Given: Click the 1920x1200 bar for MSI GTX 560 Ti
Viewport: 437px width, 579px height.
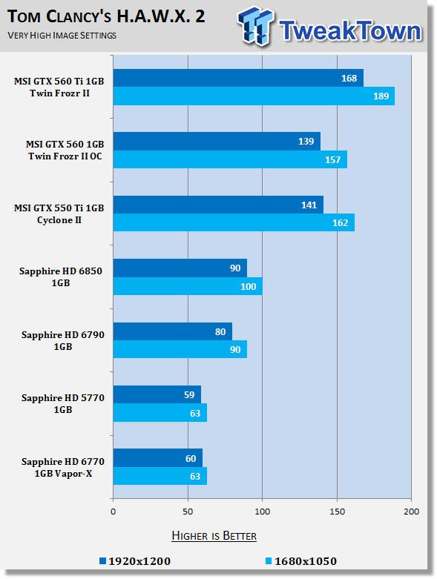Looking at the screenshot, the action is click(x=238, y=78).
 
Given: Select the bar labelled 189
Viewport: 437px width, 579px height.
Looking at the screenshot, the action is click(x=254, y=96).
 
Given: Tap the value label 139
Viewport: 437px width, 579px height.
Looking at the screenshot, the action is click(x=306, y=142).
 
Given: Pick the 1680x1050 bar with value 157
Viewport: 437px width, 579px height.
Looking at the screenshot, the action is click(x=230, y=159).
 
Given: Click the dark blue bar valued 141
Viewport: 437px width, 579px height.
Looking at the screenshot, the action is click(x=218, y=205).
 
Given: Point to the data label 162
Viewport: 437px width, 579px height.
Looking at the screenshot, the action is click(x=341, y=223).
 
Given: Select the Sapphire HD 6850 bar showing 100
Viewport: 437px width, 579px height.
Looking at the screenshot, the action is click(x=188, y=286).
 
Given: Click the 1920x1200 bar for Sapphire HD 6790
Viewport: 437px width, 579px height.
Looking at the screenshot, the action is click(x=173, y=331).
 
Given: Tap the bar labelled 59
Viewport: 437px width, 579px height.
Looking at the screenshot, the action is click(x=157, y=394).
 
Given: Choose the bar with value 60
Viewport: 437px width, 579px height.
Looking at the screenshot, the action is click(x=158, y=458).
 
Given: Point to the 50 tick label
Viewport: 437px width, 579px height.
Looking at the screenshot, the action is click(x=188, y=512).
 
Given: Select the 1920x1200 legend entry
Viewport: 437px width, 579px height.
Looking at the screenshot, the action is click(x=135, y=561).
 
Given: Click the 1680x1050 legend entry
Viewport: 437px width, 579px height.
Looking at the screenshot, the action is click(x=301, y=561).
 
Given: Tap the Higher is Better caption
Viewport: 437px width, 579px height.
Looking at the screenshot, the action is click(x=214, y=536).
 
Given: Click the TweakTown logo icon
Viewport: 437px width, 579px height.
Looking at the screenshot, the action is click(x=257, y=26).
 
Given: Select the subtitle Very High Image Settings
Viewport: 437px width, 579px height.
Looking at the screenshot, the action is click(x=62, y=36).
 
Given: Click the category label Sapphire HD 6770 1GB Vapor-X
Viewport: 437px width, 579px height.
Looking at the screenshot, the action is click(x=63, y=468).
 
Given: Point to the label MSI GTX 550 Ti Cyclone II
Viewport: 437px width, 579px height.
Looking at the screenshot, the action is click(x=59, y=214).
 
